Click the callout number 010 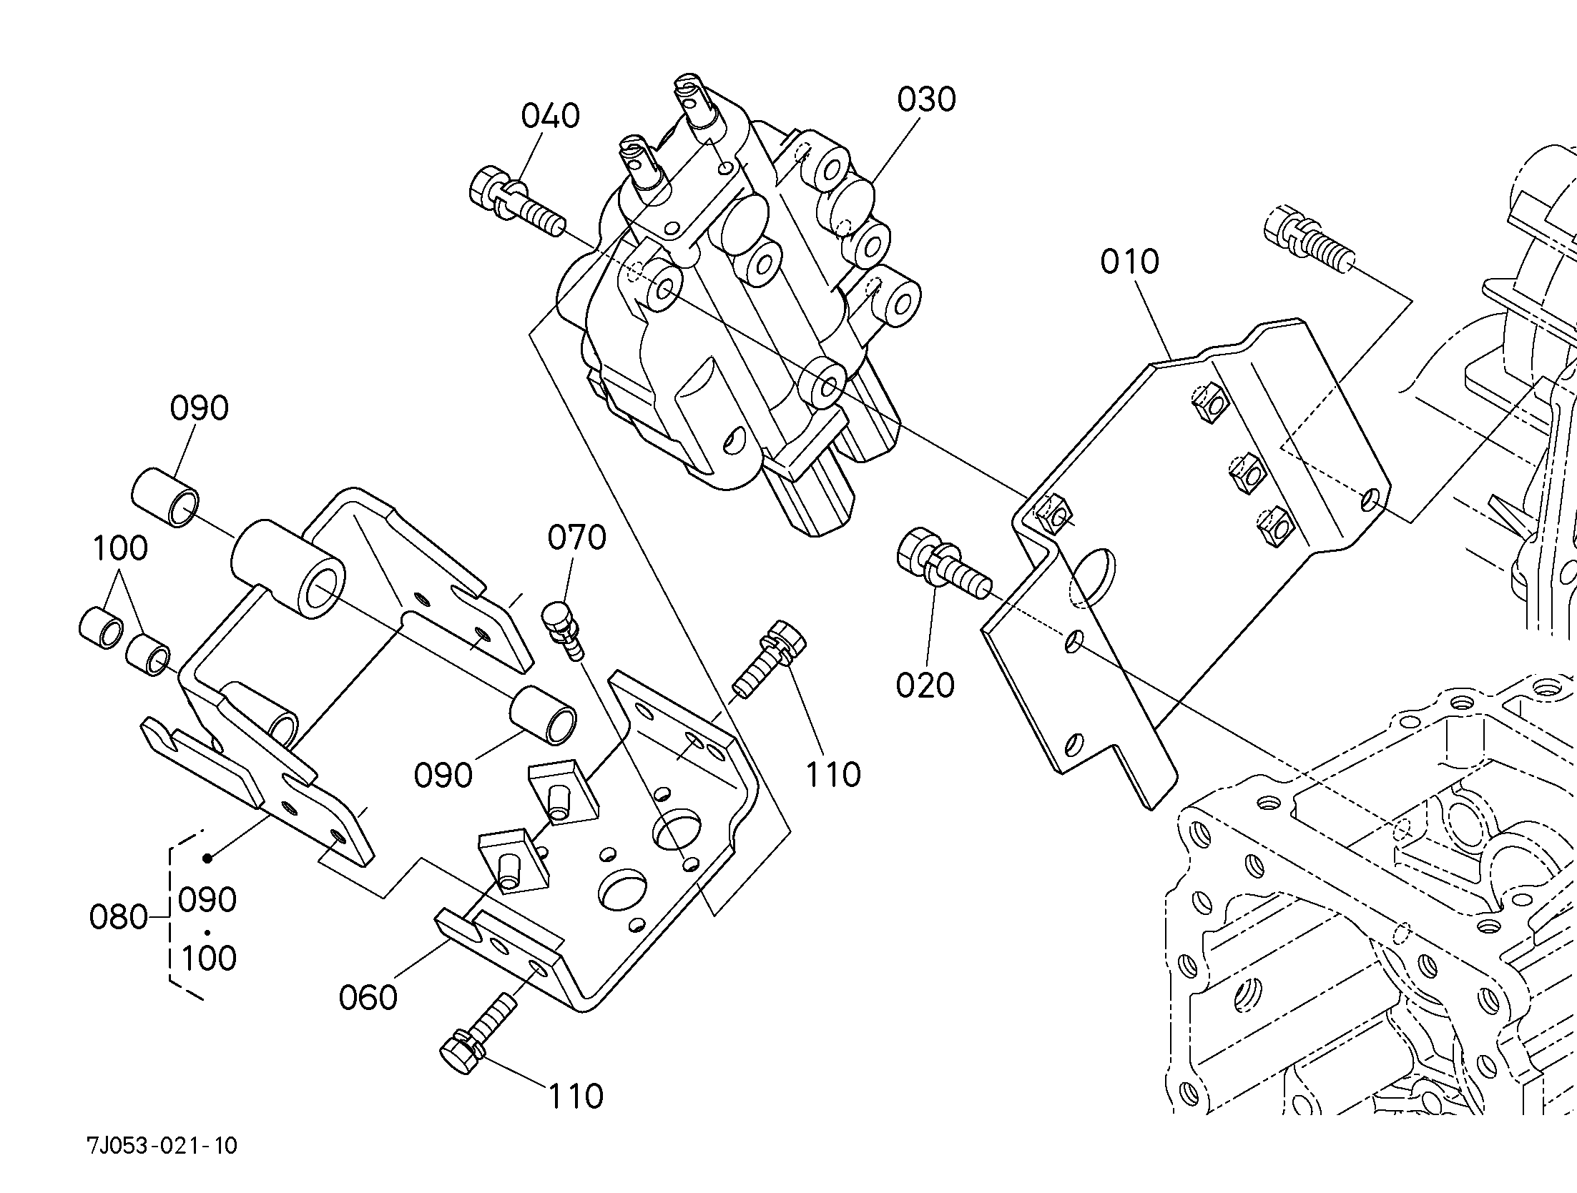click(x=1129, y=262)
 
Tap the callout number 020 click(x=925, y=685)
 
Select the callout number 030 click(x=927, y=99)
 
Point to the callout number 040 click(x=550, y=116)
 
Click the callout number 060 click(x=368, y=997)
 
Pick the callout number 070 click(x=577, y=537)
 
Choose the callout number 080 click(x=119, y=917)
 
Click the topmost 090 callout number click(x=200, y=408)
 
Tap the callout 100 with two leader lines click(x=120, y=548)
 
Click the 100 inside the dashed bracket click(x=209, y=958)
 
